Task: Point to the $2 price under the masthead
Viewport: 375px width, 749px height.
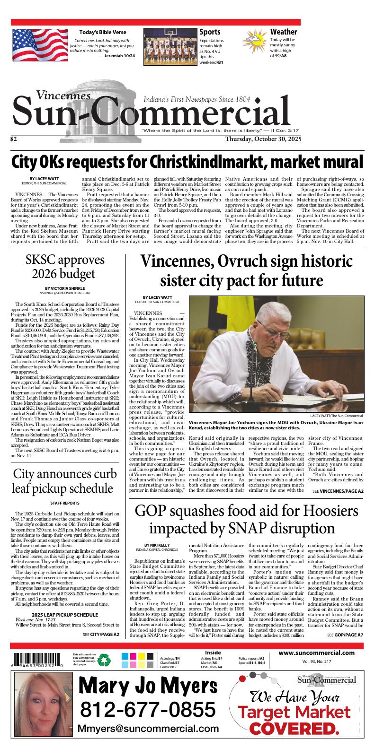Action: (x=14, y=139)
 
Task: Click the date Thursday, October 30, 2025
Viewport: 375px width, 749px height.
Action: (x=263, y=139)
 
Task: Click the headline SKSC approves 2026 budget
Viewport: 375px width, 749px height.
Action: (x=65, y=267)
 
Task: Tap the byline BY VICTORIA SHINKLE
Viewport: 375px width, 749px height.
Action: (x=64, y=288)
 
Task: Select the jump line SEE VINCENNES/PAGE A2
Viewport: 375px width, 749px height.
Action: (x=338, y=491)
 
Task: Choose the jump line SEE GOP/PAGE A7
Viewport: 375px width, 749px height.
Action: (x=345, y=634)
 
